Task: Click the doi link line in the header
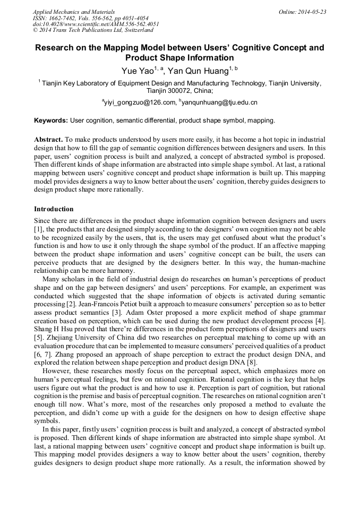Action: (x=96, y=24)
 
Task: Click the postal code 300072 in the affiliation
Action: (x=159, y=91)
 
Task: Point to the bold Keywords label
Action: (x=51, y=120)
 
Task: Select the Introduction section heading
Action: (x=54, y=209)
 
